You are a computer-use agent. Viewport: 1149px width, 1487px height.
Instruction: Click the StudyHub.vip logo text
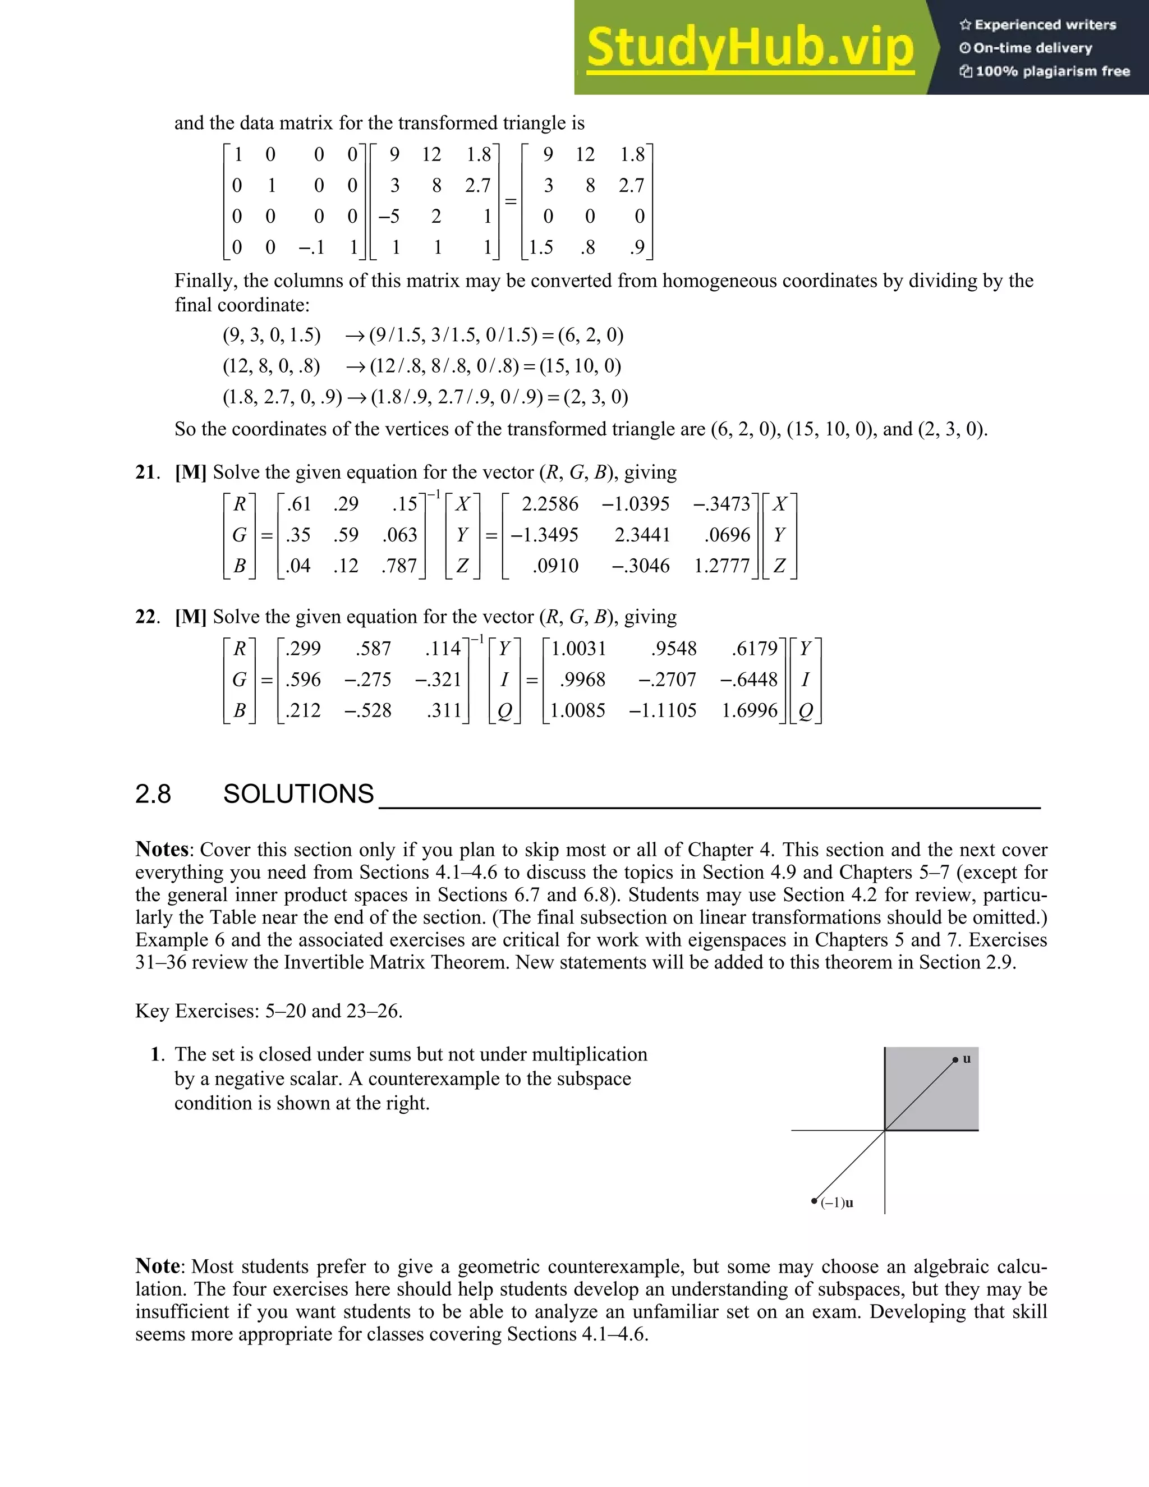coord(750,48)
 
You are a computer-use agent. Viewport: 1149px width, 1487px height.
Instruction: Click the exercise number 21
coord(146,472)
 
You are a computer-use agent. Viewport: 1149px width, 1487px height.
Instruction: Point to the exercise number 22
coord(146,617)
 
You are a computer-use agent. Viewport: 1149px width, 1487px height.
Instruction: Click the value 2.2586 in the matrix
coord(549,504)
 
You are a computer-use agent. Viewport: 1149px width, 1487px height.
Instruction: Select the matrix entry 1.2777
coord(721,566)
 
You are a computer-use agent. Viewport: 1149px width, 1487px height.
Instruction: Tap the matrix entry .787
coord(399,566)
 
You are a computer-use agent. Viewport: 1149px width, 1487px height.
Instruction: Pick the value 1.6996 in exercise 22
coord(749,710)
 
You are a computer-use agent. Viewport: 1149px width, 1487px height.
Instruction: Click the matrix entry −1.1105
coord(663,710)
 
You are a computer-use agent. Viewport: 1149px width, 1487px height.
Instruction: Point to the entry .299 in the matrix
coord(303,648)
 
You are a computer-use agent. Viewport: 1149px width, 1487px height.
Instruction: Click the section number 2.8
coord(153,794)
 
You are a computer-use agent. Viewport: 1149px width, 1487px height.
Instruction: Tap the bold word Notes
coord(162,849)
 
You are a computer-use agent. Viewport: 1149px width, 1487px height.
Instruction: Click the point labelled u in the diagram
coord(955,1060)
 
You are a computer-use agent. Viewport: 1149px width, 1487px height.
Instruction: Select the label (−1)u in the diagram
coord(837,1203)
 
